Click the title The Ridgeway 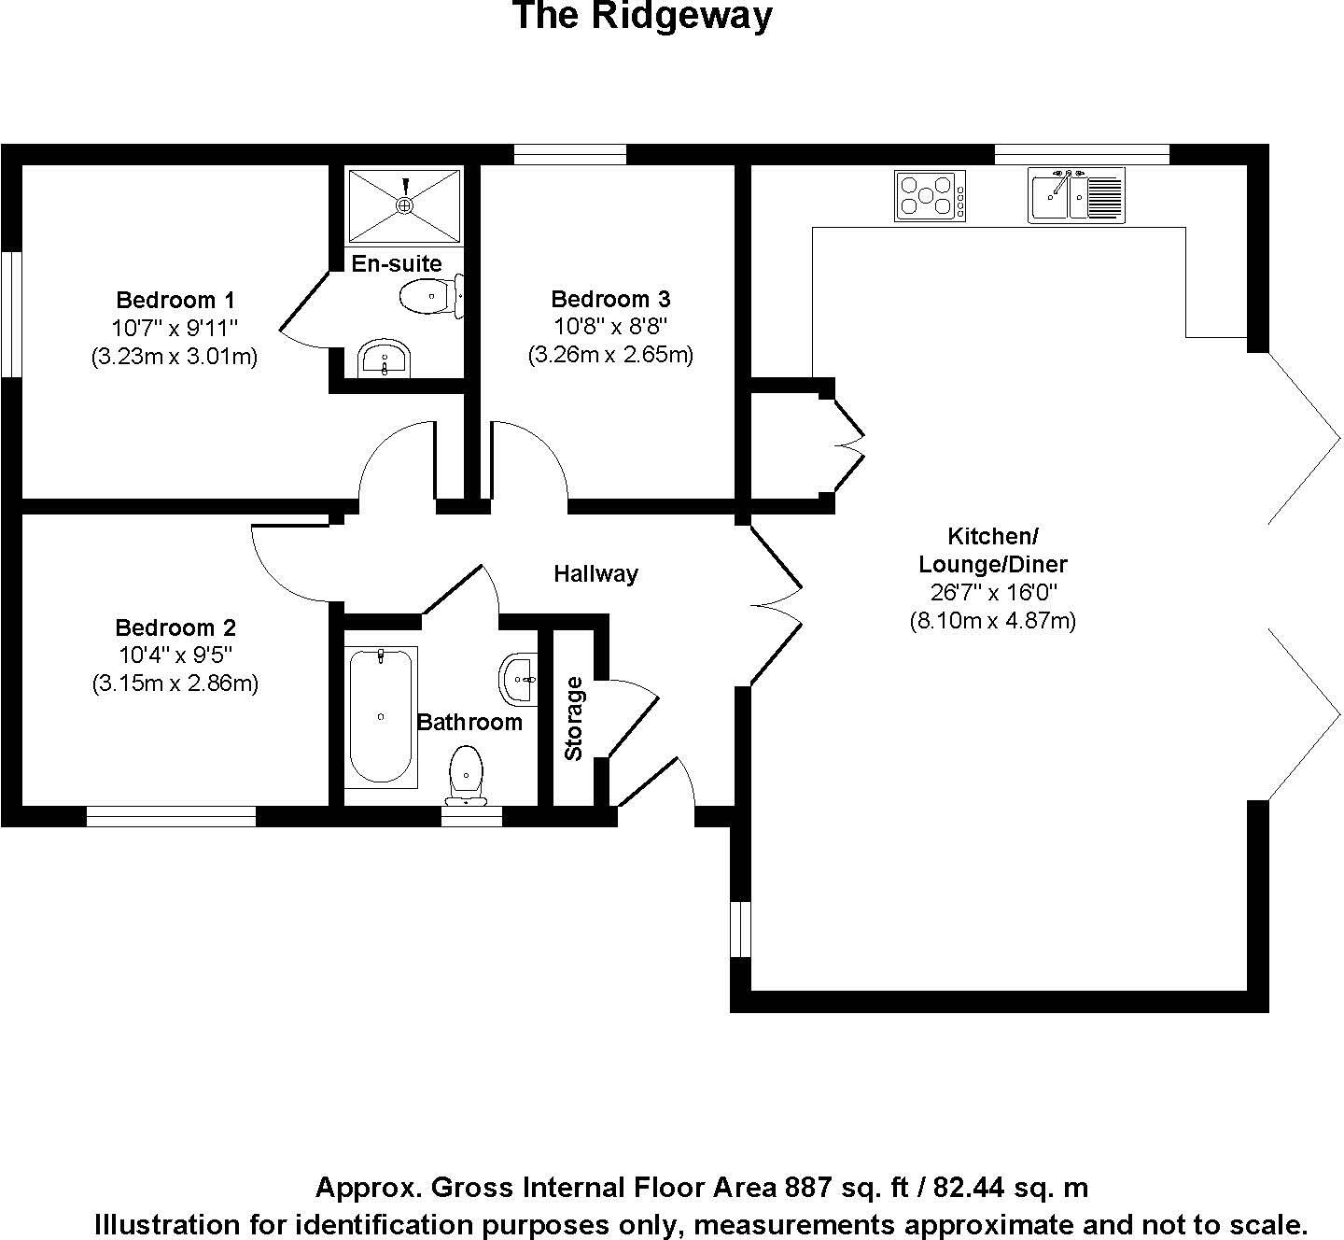[x=642, y=17]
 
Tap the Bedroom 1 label [x=175, y=300]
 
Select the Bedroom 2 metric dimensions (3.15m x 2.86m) [x=175, y=683]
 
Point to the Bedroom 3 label [x=610, y=299]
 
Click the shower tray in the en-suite [x=404, y=204]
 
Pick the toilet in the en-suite [x=430, y=296]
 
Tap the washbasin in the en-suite [x=384, y=359]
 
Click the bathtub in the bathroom [x=381, y=716]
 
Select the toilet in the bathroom [x=466, y=774]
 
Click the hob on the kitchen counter [x=930, y=196]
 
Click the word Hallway [x=595, y=573]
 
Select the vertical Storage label [x=573, y=718]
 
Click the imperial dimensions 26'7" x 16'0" [x=992, y=592]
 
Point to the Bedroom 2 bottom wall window [x=171, y=817]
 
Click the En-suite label [x=396, y=263]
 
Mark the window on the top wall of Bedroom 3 [x=569, y=154]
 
